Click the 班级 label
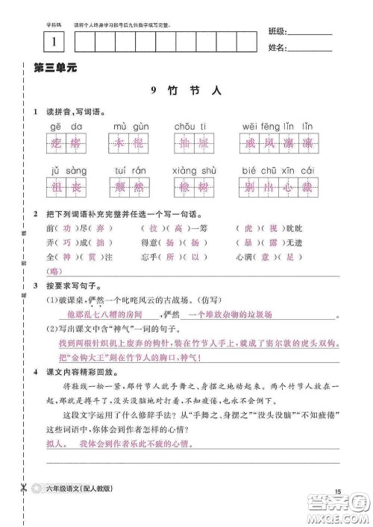pyautogui.click(x=276, y=33)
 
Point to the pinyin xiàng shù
pyautogui.click(x=194, y=170)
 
